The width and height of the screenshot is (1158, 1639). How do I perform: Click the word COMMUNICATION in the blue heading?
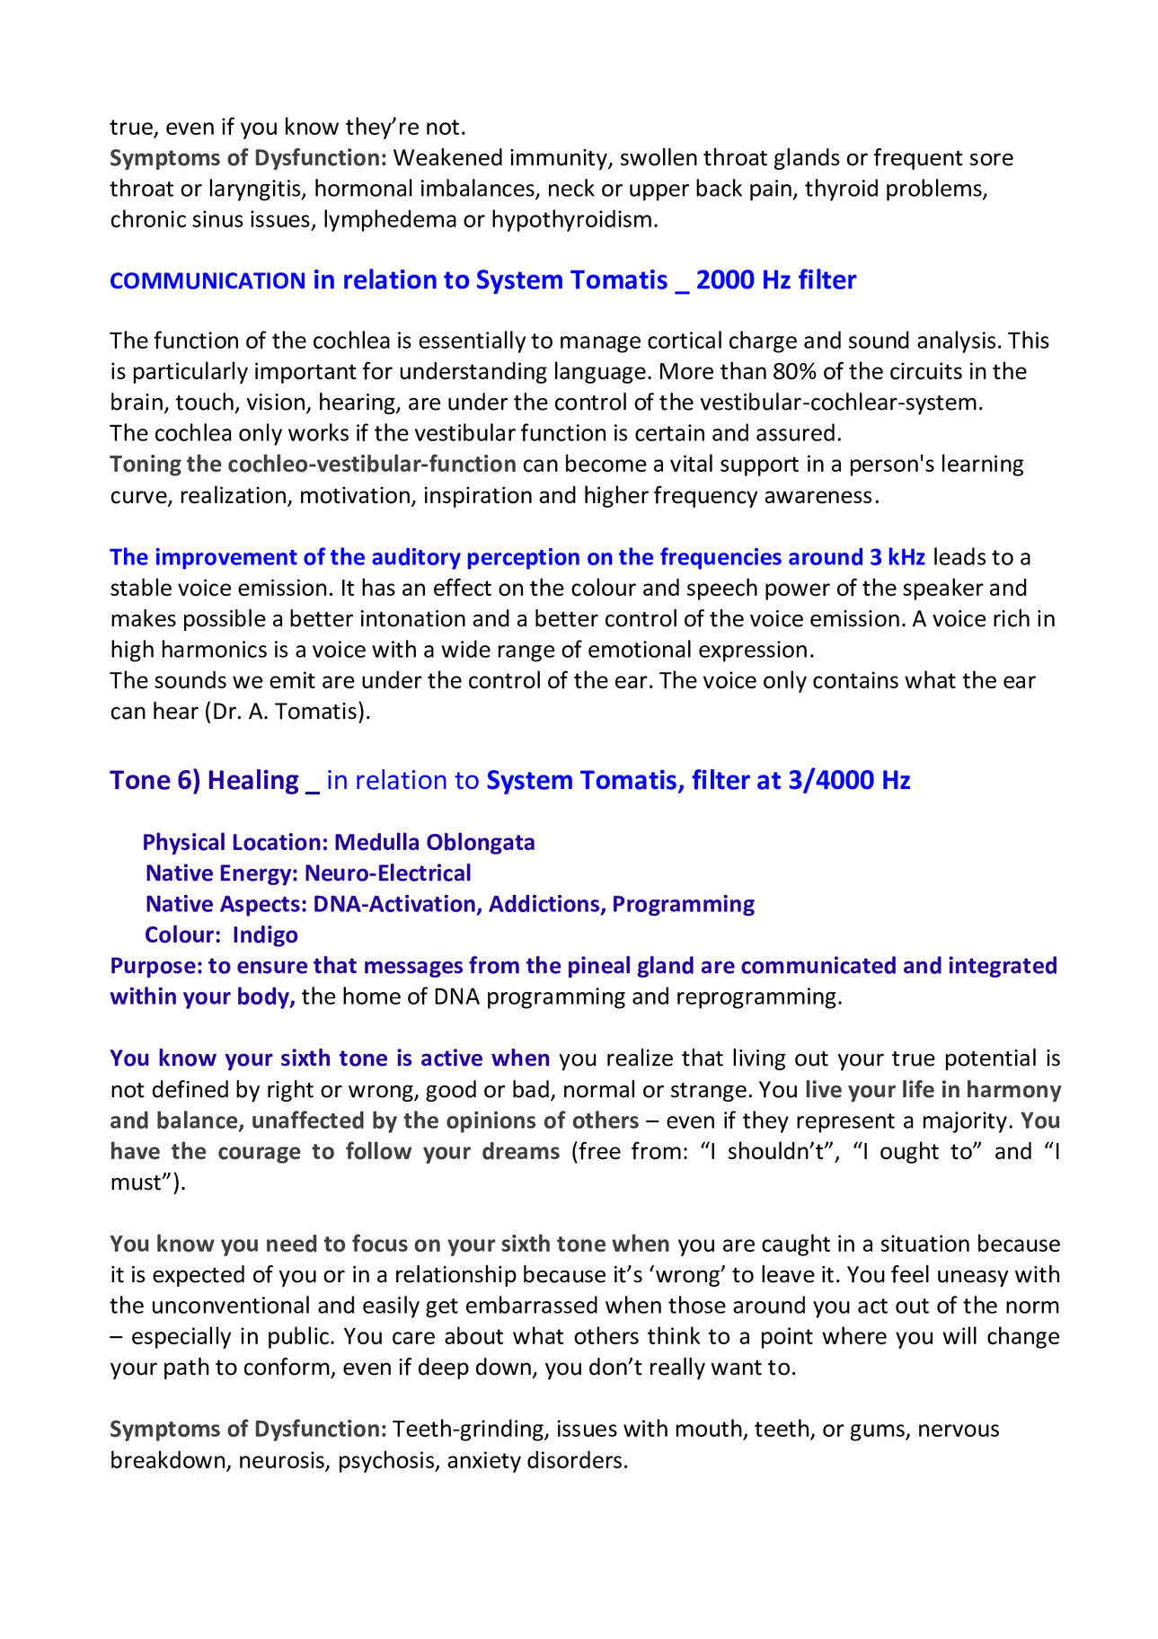click(x=208, y=281)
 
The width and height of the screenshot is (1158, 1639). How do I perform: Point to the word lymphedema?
click(x=390, y=219)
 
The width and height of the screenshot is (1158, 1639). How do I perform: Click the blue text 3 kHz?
click(x=897, y=557)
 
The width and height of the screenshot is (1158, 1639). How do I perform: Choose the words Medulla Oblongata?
click(x=435, y=843)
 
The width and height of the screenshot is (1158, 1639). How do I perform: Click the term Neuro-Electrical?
click(x=388, y=873)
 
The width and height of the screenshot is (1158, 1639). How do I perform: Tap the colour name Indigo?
click(x=265, y=935)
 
